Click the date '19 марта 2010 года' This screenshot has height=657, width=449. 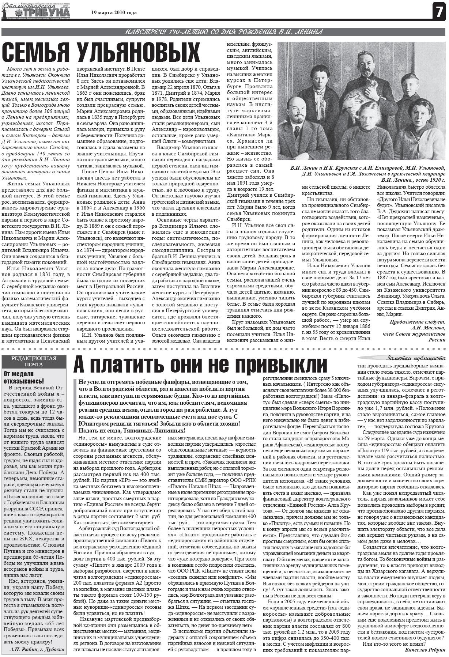114,13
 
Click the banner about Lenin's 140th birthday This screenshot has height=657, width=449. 224,32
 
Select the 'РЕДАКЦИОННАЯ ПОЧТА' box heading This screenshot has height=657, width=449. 34,361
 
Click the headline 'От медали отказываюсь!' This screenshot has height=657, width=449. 23,377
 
